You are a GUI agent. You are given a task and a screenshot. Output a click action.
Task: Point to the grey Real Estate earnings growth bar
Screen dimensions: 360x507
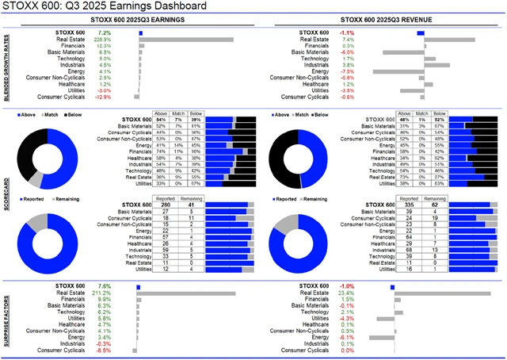(186, 38)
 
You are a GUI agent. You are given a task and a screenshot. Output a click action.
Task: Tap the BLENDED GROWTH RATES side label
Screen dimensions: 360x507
(6, 67)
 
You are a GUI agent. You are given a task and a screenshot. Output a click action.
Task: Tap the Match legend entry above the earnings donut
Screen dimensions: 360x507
(61, 116)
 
